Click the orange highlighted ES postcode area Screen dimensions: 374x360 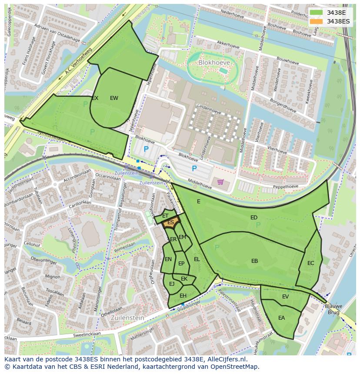[170, 223]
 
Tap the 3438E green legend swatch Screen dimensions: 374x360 [316, 13]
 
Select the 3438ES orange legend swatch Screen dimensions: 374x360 [316, 21]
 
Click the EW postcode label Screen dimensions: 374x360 [114, 98]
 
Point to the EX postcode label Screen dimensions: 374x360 [95, 98]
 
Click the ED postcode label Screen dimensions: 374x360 [254, 217]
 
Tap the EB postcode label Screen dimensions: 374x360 [254, 261]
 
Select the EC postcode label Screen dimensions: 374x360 [310, 263]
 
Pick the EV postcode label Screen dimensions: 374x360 [285, 297]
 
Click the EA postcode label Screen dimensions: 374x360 [281, 318]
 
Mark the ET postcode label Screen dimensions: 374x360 [165, 215]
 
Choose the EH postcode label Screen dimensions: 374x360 [183, 296]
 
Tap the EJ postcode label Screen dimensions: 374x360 [172, 284]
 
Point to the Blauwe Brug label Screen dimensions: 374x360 [333, 309]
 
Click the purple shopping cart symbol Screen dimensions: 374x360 [220, 182]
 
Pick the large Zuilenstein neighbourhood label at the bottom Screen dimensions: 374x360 [127, 318]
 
